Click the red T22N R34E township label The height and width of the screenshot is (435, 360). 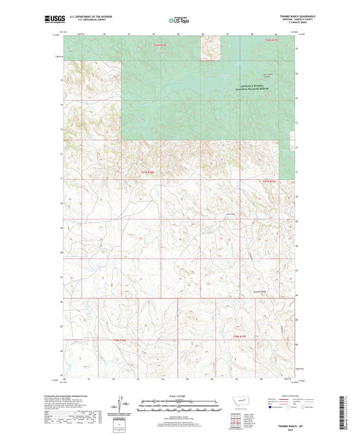(x=160, y=45)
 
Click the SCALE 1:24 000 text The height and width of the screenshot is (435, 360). (x=179, y=394)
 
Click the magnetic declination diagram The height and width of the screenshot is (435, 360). (x=125, y=403)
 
